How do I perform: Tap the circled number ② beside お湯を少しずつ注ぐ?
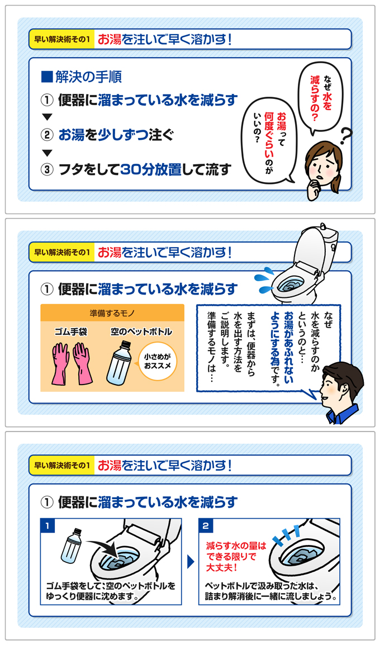coord(47,135)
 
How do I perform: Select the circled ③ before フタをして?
coord(47,169)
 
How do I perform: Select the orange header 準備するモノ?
coord(112,312)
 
